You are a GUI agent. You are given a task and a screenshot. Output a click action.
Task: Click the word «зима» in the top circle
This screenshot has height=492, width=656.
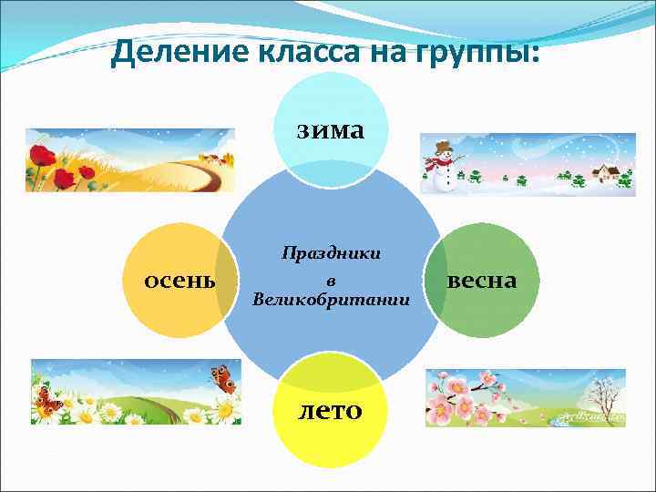[329, 130]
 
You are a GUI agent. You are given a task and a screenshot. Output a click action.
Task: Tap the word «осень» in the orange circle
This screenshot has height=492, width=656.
[180, 280]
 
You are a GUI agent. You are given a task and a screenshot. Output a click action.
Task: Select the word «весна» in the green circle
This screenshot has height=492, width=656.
[482, 280]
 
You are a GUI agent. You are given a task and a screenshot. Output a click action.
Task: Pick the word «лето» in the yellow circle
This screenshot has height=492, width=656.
[331, 410]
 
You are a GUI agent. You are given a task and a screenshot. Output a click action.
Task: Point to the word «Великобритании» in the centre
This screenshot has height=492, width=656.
[332, 299]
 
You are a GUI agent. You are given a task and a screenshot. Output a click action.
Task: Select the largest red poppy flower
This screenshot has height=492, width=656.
[41, 154]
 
